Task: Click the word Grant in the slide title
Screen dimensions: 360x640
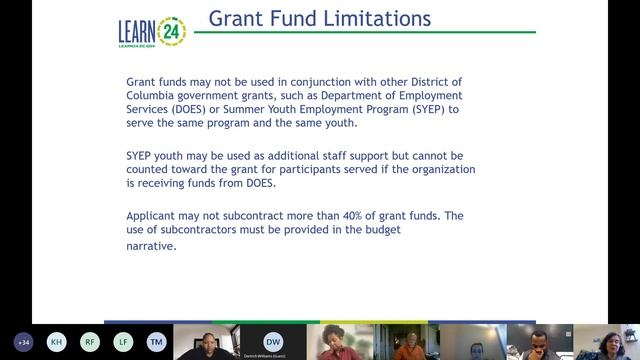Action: tap(236, 19)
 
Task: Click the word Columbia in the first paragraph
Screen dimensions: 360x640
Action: tap(156, 94)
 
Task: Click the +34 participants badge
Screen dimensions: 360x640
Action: tap(23, 342)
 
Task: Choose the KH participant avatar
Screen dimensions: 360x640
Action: tap(57, 342)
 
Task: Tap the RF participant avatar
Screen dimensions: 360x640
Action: tap(90, 342)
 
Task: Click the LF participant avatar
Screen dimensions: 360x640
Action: tap(123, 342)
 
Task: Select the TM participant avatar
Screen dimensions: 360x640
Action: tap(157, 342)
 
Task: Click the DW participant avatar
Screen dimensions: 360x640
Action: tap(273, 340)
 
